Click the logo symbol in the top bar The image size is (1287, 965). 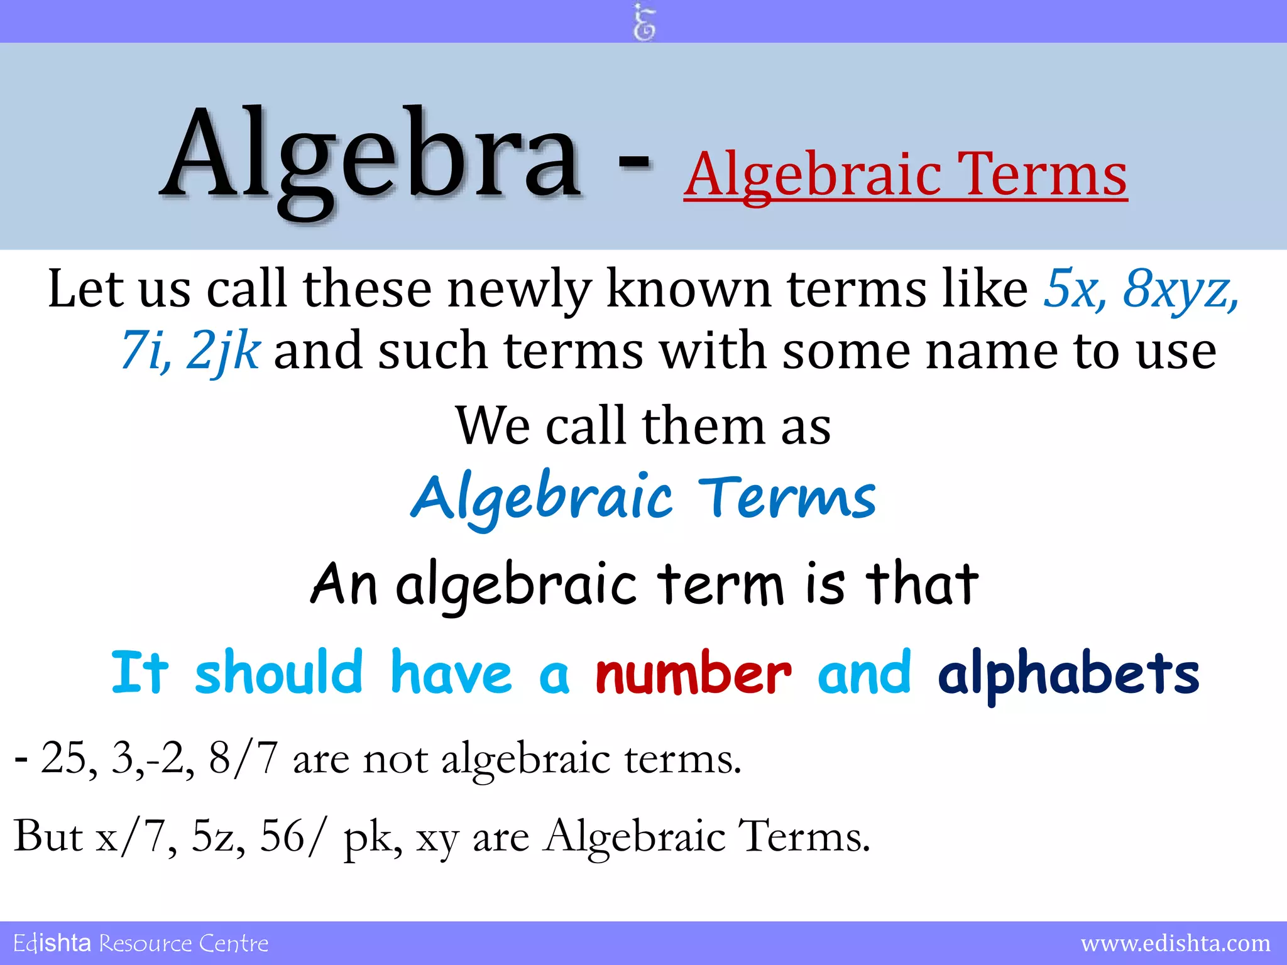(x=643, y=23)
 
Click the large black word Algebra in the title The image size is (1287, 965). (x=371, y=157)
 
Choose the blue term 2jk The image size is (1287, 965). (x=223, y=351)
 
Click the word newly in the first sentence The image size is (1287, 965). (x=519, y=289)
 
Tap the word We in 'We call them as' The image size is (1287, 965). (x=493, y=426)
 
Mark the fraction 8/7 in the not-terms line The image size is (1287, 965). (x=243, y=758)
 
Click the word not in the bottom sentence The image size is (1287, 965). (x=394, y=758)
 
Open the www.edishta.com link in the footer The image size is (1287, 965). (x=1175, y=943)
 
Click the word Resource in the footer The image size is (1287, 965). (x=145, y=943)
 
